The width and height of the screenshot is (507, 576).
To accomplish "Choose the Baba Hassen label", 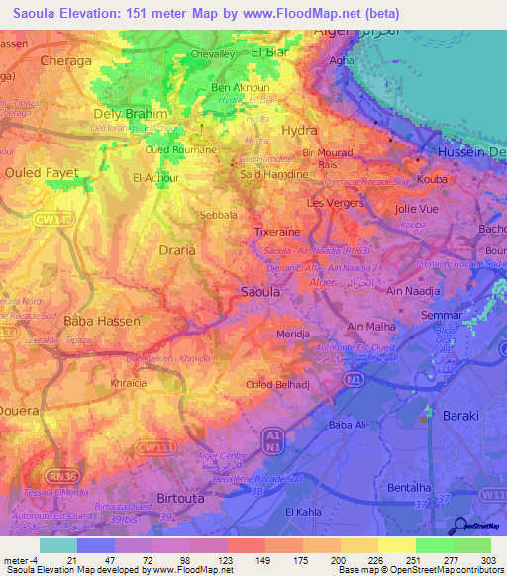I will coord(102,322).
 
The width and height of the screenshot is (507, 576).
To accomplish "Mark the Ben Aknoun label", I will coord(235,87).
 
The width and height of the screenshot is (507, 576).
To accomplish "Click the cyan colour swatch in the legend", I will coord(58,545).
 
